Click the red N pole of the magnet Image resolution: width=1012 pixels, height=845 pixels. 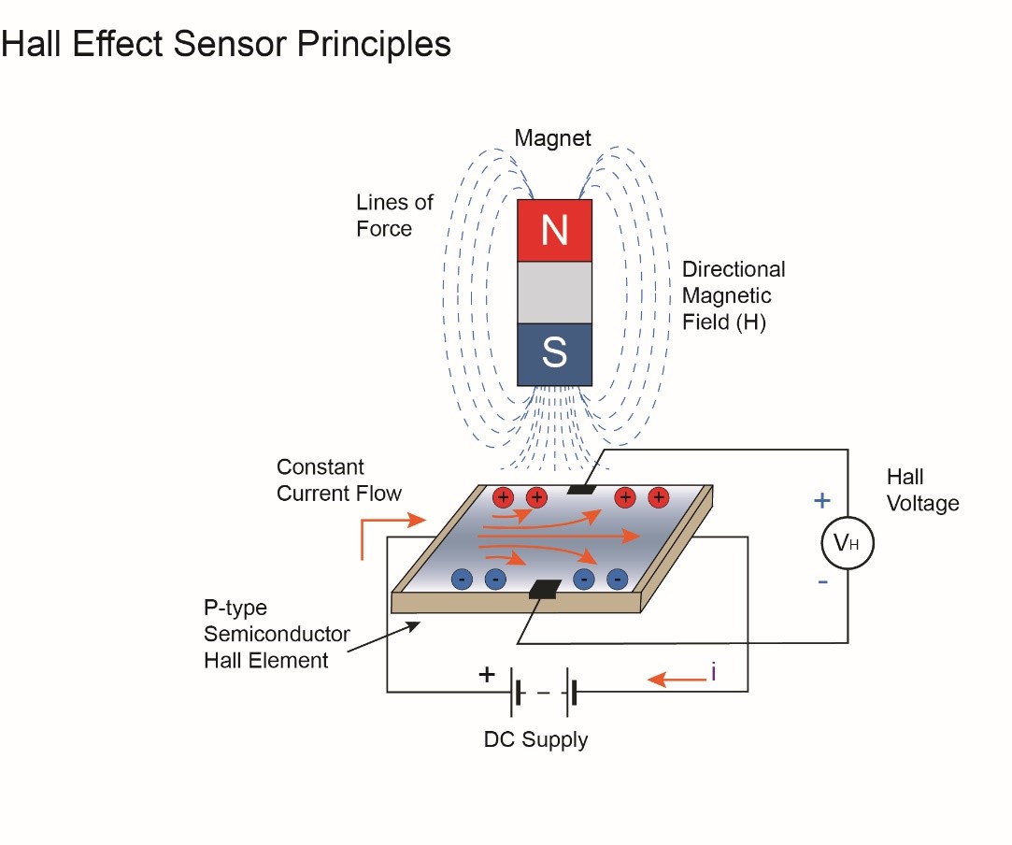click(x=554, y=230)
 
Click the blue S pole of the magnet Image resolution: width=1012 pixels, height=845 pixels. click(x=554, y=353)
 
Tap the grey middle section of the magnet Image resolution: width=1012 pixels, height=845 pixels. click(x=554, y=292)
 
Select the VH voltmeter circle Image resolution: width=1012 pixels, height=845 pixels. click(x=847, y=542)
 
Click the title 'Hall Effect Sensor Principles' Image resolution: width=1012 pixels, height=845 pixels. click(x=226, y=44)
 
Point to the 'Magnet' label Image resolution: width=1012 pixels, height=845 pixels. click(x=553, y=138)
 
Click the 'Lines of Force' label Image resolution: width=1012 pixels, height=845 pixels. click(x=394, y=216)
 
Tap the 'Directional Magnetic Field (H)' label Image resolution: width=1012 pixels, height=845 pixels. click(x=733, y=296)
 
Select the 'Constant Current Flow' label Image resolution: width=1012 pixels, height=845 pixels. click(x=338, y=480)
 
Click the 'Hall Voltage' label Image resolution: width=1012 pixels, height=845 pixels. click(x=921, y=491)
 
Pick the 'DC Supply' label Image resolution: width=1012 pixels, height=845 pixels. click(x=535, y=740)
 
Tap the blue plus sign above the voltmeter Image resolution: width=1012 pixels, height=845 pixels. click(x=821, y=501)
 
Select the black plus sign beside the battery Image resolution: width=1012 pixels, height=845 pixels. click(x=487, y=674)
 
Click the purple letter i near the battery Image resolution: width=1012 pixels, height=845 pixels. click(x=712, y=671)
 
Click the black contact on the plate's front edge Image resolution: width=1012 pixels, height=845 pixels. click(x=543, y=589)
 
